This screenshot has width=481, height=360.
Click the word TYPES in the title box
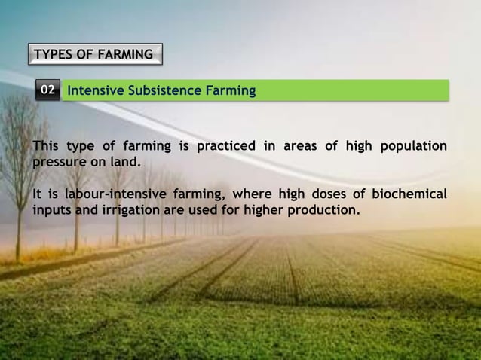click(54, 54)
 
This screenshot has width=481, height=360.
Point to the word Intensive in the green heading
click(96, 91)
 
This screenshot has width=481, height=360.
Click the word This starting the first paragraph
click(46, 145)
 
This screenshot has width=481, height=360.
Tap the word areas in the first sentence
click(301, 145)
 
